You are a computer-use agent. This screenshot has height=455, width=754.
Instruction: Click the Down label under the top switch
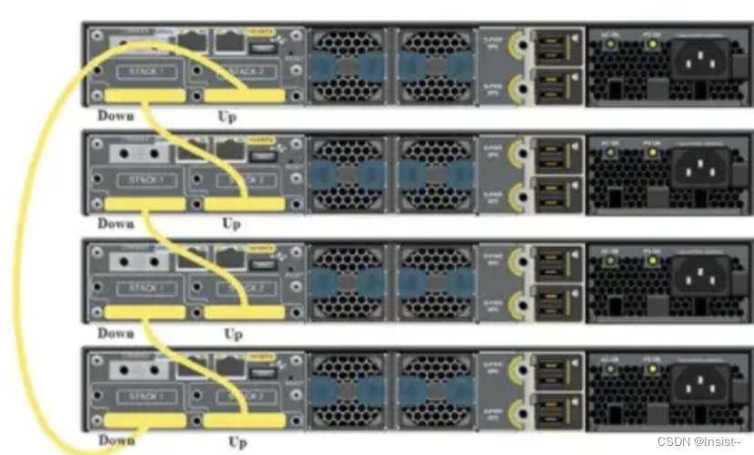(116, 116)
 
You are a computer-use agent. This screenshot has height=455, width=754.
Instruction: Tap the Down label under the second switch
(116, 224)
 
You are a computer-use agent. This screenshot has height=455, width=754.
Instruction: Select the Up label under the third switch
(233, 333)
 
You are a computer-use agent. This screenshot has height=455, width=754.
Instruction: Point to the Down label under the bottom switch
(116, 440)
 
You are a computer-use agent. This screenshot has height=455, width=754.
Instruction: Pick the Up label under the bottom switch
(238, 442)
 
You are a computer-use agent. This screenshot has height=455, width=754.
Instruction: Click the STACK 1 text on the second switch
(145, 180)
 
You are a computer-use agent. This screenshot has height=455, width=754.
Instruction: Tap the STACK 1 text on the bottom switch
(145, 397)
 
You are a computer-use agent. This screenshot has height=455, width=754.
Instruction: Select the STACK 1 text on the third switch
(145, 288)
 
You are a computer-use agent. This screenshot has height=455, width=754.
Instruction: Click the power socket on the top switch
(699, 62)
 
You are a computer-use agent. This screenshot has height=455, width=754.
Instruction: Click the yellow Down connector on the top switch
(146, 96)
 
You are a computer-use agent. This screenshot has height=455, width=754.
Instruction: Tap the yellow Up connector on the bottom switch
(243, 420)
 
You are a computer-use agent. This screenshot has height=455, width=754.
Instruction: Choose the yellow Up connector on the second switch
(243, 205)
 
